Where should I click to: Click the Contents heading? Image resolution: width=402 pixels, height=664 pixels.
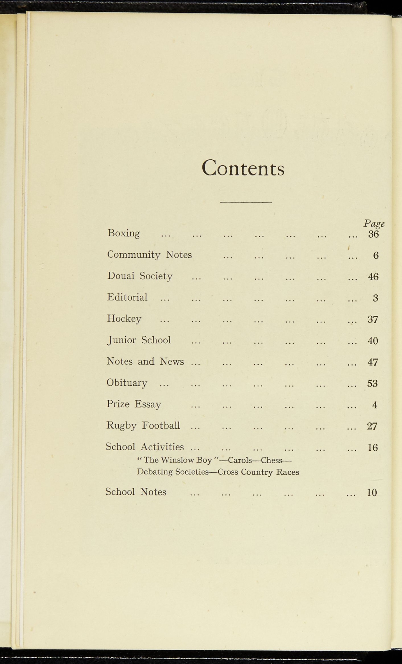click(243, 168)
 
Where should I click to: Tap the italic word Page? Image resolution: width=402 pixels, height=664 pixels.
click(374, 223)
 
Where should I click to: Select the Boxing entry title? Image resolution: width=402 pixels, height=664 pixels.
click(124, 233)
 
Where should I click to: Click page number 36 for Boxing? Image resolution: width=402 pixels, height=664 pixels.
click(373, 234)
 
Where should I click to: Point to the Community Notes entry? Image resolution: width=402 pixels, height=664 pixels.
click(149, 255)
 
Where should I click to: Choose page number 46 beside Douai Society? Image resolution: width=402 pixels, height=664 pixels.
click(373, 277)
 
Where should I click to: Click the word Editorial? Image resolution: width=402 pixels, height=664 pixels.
click(127, 297)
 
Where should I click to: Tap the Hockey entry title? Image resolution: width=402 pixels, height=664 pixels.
click(124, 319)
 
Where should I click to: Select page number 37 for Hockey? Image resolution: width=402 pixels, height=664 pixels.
click(373, 320)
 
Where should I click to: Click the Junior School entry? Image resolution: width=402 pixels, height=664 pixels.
click(139, 340)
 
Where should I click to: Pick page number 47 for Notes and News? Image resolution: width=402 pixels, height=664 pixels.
click(373, 362)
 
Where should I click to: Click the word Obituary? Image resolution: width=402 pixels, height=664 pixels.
click(127, 383)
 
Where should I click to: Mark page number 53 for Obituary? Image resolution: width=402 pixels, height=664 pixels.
click(372, 384)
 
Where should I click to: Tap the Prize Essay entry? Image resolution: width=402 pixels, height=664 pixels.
click(134, 404)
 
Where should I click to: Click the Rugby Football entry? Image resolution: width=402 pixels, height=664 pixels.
click(143, 425)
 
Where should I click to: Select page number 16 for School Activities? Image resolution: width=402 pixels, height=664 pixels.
click(372, 448)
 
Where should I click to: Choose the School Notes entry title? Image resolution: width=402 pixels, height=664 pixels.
click(136, 492)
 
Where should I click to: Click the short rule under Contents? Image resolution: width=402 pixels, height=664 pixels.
click(246, 202)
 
